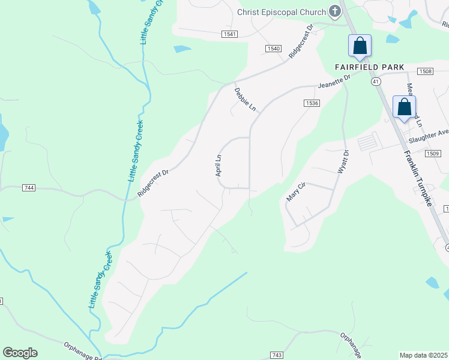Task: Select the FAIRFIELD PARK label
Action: [369, 67]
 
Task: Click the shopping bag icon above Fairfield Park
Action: [360, 46]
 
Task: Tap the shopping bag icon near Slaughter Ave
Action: [405, 107]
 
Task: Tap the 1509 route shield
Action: [434, 154]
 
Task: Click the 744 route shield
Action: [28, 188]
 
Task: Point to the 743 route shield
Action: [276, 355]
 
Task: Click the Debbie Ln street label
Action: [246, 99]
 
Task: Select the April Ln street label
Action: [218, 166]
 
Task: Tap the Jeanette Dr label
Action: [334, 81]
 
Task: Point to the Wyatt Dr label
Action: [343, 162]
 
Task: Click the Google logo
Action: [20, 353]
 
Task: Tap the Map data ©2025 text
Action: [423, 355]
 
